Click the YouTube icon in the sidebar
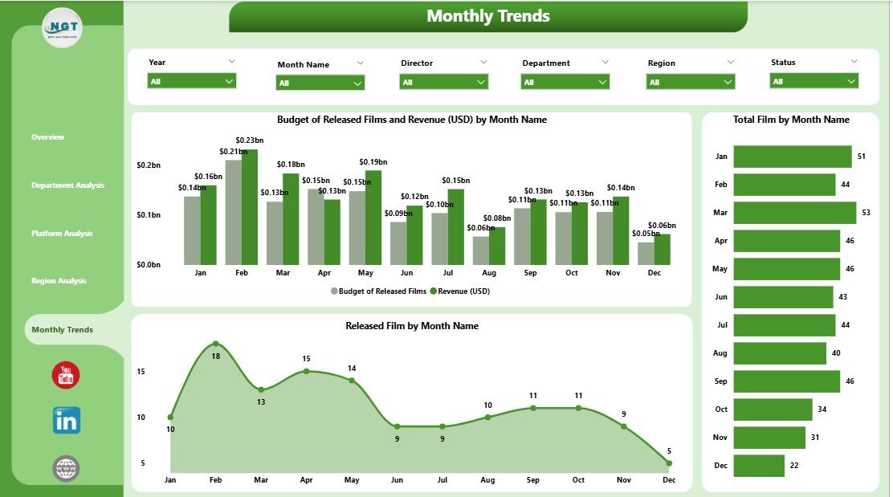point(66,375)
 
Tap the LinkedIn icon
point(66,420)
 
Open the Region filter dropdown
point(690,82)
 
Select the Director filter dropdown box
point(443,82)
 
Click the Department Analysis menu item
point(67,185)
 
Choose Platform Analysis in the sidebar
point(62,234)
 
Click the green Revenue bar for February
point(250,207)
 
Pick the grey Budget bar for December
point(646,254)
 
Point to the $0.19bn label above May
point(373,161)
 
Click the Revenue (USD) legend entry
point(459,291)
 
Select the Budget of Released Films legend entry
point(378,291)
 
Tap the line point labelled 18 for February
point(215,344)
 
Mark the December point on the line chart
point(668,462)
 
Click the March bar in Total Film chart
point(794,213)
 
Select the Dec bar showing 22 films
point(759,466)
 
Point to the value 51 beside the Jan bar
point(862,157)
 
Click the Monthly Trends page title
point(487,16)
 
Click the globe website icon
point(66,468)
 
